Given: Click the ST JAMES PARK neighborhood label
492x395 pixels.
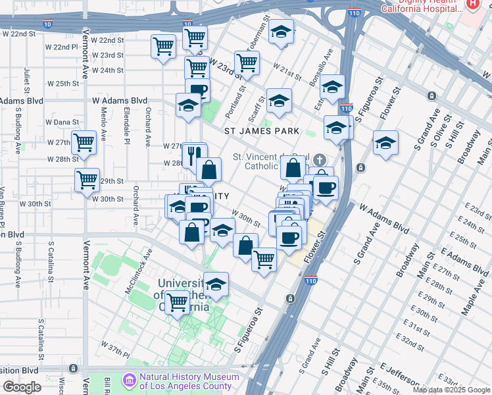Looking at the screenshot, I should (x=262, y=131).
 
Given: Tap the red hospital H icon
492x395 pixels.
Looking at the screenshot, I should (x=472, y=4).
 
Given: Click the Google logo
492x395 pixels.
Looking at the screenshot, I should (x=22, y=387).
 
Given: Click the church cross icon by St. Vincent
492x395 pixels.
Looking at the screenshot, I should (x=319, y=160).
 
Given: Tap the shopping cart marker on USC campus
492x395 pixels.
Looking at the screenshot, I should (x=177, y=303).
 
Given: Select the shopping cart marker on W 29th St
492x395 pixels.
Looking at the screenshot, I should (x=87, y=180).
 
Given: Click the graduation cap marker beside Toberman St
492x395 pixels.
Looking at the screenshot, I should (x=281, y=32).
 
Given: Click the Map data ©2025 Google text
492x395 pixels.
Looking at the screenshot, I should (x=452, y=390).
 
